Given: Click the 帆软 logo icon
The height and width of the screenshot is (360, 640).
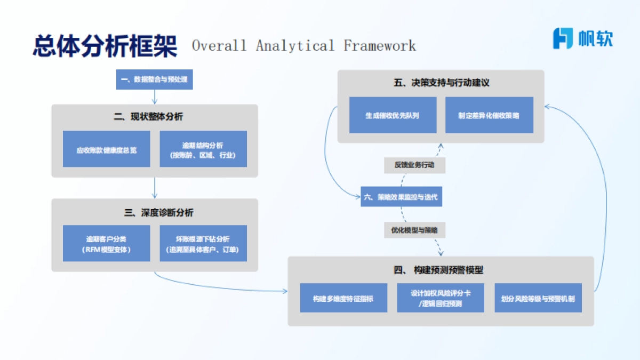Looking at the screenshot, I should [x=563, y=38].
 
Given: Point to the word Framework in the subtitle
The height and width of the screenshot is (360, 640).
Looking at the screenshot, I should [x=380, y=46].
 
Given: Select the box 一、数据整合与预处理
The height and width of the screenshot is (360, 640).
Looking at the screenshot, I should [x=154, y=80].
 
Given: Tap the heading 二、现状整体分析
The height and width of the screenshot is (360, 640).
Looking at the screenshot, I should [x=154, y=117].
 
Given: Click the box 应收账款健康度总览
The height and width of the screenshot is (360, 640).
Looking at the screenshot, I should [x=106, y=149].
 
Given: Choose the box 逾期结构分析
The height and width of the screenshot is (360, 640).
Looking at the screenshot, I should [x=203, y=149].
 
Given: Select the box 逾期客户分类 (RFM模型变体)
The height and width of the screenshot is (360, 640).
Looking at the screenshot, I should [x=106, y=244].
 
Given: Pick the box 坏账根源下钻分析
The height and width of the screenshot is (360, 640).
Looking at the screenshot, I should [x=203, y=244].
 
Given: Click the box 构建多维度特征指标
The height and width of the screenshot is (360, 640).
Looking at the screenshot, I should [x=343, y=298].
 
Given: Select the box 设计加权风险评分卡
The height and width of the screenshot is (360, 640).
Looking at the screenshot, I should [x=440, y=298].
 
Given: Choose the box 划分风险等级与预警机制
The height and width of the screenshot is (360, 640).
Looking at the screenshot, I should [x=538, y=298].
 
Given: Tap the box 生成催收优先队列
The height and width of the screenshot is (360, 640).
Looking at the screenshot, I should [x=393, y=115].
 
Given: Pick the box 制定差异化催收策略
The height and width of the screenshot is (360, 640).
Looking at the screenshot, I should [x=489, y=115].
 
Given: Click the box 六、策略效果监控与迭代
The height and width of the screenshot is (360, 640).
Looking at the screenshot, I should [x=401, y=197].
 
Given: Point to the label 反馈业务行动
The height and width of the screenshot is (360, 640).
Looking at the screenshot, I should [x=414, y=165].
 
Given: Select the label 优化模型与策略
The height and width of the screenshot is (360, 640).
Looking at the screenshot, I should [x=414, y=230].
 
